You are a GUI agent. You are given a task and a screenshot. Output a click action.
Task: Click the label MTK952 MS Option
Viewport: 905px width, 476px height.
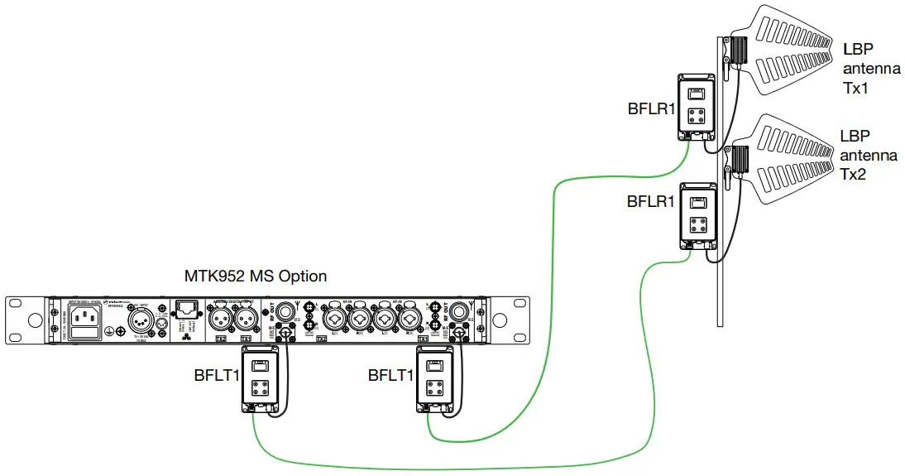[x=255, y=276]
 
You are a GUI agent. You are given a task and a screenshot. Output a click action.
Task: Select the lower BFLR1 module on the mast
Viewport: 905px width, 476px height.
[x=697, y=216]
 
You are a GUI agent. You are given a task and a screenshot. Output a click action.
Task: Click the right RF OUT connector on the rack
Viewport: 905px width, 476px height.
[x=454, y=313]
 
